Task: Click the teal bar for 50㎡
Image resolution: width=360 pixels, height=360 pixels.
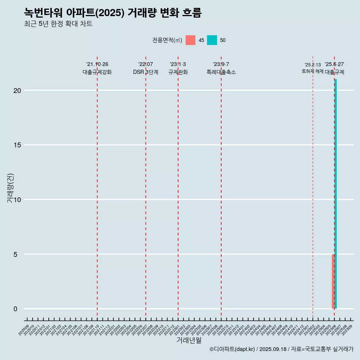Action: (336, 194)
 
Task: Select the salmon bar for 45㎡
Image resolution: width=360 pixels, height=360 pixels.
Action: (333, 281)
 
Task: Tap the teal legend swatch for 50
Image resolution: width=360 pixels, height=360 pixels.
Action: (212, 40)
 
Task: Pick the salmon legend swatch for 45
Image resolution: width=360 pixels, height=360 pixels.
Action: (190, 40)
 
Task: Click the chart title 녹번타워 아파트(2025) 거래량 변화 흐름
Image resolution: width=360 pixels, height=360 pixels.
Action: (113, 13)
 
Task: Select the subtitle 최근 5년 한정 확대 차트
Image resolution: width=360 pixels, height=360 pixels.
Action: (58, 24)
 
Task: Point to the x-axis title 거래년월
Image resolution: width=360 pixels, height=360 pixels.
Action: (189, 340)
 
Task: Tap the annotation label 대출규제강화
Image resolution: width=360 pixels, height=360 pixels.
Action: (97, 72)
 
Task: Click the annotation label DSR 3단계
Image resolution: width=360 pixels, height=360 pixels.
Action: (145, 72)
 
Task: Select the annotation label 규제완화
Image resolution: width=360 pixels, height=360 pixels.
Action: (178, 72)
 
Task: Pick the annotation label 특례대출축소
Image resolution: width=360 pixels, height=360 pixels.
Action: (221, 72)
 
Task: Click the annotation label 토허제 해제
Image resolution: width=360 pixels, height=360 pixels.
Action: (312, 71)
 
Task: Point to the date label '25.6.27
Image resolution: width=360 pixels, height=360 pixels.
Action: (334, 64)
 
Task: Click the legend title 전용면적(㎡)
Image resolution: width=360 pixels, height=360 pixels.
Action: (167, 40)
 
